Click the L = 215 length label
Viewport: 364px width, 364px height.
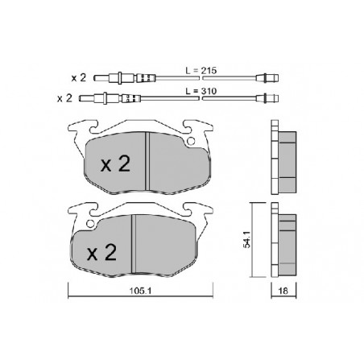click(x=201, y=71)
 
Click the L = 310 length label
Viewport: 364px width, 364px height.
click(x=201, y=91)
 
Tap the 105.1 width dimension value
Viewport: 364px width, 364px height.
click(x=140, y=291)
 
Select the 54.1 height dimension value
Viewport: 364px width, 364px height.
click(x=246, y=239)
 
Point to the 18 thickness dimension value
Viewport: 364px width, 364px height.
click(x=283, y=291)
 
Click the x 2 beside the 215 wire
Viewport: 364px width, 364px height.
click(x=79, y=78)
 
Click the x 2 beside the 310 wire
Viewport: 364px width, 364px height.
click(x=64, y=98)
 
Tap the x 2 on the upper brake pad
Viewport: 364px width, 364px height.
click(x=115, y=163)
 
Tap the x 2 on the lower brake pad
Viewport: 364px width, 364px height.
click(x=101, y=253)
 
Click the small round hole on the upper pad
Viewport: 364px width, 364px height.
click(x=191, y=141)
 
